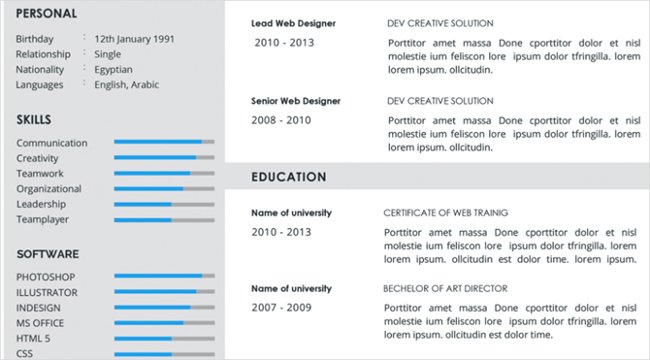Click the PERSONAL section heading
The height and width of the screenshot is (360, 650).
tap(47, 13)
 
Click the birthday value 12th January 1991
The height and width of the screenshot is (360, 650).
tap(134, 39)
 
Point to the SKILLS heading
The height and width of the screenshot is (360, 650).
tap(34, 120)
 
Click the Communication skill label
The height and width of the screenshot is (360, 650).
tap(52, 143)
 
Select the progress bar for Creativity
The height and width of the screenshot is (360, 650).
tap(164, 158)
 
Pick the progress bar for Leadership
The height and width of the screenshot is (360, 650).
tap(164, 204)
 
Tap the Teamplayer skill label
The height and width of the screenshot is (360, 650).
tap(43, 219)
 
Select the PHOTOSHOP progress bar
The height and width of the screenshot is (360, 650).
tap(164, 276)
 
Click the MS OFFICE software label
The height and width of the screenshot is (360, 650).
tap(41, 323)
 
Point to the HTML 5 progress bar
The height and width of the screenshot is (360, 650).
tap(164, 339)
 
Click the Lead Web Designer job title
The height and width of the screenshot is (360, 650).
tap(293, 23)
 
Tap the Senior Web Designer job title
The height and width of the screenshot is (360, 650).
tap(296, 101)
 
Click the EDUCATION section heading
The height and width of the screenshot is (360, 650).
tap(289, 177)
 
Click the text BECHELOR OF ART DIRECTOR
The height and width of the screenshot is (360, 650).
tap(445, 288)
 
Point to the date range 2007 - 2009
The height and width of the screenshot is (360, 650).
tap(282, 308)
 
